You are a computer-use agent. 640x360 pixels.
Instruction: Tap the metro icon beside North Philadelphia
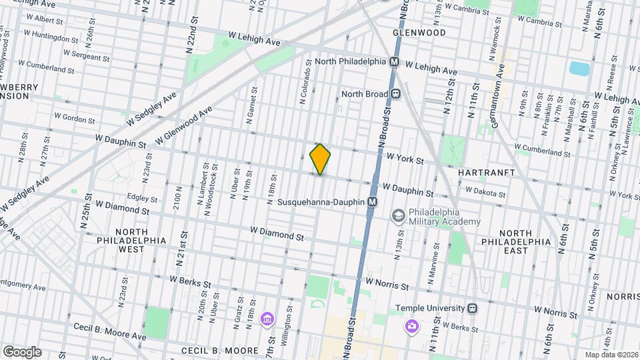point(394,61)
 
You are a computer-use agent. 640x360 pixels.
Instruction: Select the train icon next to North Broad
point(395,94)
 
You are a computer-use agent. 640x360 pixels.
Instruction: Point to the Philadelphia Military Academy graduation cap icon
point(398,215)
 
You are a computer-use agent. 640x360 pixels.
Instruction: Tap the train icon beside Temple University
point(473,308)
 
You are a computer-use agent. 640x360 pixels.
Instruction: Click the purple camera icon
point(412,326)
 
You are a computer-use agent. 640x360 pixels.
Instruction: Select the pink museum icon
point(267,319)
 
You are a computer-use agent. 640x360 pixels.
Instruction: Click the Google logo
point(21,352)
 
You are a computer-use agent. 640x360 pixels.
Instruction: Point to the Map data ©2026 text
point(610,355)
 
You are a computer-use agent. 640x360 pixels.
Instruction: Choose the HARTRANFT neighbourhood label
point(487,172)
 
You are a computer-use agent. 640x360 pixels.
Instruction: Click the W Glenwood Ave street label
point(184,125)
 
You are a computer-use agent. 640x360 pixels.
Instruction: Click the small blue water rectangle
point(579,68)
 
